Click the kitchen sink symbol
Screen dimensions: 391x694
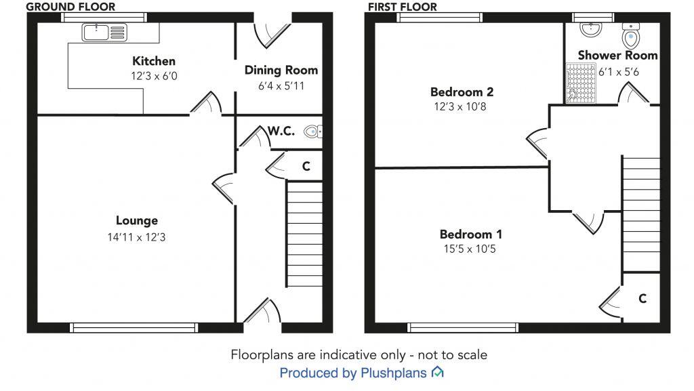104,30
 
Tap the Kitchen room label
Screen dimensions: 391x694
154,62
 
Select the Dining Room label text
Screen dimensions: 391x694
281,70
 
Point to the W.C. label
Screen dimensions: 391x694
281,131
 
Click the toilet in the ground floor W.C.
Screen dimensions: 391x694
312,132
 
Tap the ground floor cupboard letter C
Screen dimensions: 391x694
306,166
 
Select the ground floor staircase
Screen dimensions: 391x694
304,234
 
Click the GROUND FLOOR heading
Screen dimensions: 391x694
70,7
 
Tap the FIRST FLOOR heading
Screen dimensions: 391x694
402,7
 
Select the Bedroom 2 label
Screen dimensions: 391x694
462,92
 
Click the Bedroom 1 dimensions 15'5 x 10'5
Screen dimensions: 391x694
471,249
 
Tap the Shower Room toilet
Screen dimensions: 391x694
632,34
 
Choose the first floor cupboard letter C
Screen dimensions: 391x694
642,298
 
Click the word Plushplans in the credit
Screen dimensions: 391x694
393,373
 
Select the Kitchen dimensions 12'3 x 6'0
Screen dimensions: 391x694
154,77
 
